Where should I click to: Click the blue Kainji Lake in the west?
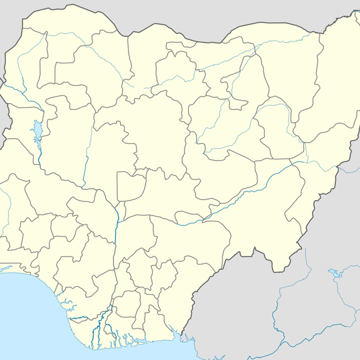pos(38,129)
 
